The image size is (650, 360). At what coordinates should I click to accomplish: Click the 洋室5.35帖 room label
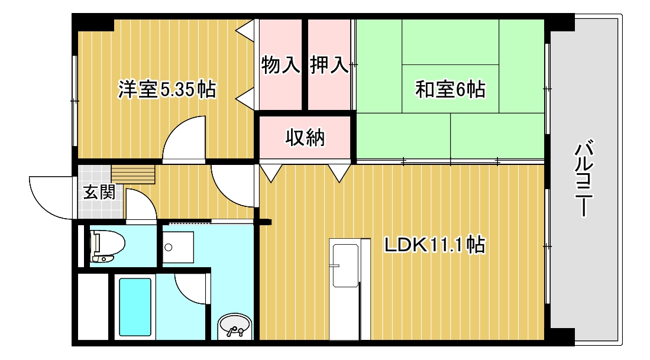167,89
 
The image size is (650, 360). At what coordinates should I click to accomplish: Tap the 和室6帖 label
450,89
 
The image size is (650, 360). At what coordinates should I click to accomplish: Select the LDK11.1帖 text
435,244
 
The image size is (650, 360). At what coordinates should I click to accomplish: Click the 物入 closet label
281,65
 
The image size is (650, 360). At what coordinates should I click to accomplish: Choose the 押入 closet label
329,65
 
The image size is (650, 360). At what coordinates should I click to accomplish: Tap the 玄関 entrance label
98,192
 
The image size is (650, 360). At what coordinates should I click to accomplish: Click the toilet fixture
106,245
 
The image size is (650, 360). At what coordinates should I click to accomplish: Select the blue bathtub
135,306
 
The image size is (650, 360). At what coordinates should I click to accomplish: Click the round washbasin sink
235,326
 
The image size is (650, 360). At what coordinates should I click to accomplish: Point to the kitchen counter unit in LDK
345,289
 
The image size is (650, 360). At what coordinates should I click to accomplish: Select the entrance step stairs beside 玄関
133,174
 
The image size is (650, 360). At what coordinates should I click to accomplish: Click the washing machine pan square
179,247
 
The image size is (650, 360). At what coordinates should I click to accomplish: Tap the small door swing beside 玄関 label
140,206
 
